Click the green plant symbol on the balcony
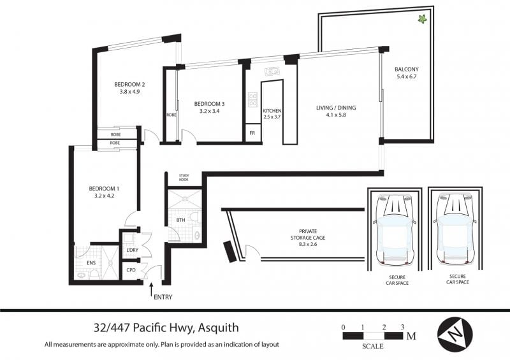point(422,19)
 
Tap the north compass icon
point(455,334)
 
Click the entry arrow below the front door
point(151,290)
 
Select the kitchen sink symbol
point(272,71)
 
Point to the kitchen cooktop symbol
point(252,99)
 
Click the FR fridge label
point(252,133)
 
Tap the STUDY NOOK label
point(184,178)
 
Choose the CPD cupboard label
point(131,270)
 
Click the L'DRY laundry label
point(133,250)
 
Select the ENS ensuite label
point(91,263)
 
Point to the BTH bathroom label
point(180,220)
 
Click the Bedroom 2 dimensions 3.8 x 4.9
point(129,92)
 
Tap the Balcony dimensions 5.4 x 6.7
point(407,76)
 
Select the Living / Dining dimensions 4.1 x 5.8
point(336,115)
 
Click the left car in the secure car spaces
point(395,229)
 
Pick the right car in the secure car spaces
point(455,229)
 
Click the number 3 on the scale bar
point(402,327)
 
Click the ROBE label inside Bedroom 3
point(171,115)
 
